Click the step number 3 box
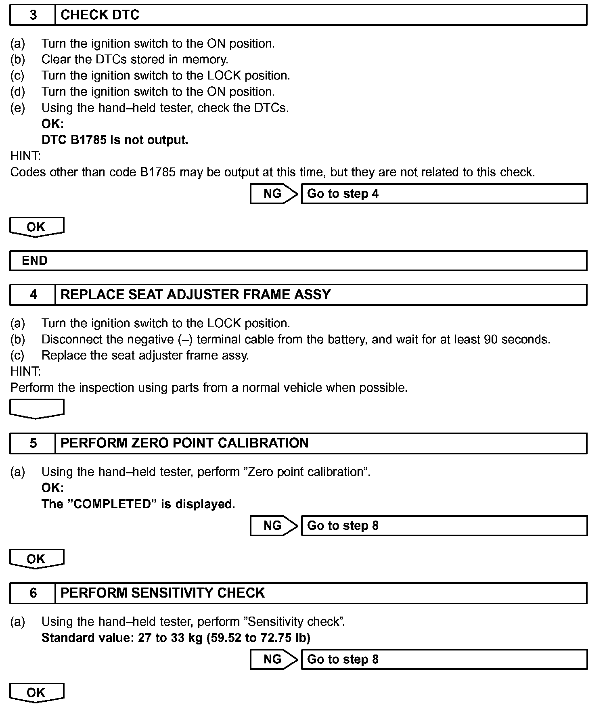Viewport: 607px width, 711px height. coord(33,15)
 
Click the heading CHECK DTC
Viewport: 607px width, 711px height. coord(100,15)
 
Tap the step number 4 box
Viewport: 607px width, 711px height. coord(33,295)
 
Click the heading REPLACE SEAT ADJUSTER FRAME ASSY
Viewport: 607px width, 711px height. coord(195,295)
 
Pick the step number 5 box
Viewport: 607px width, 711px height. coord(33,443)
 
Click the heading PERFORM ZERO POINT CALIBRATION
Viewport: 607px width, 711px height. coord(184,443)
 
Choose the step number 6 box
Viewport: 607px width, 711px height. coord(33,593)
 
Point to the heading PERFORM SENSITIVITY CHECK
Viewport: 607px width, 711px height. coord(162,593)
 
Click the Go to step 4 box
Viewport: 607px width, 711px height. coord(444,194)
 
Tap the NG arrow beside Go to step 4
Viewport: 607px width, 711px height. coord(274,194)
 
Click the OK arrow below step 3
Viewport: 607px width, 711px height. coord(36,227)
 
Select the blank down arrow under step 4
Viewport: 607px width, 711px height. coord(36,408)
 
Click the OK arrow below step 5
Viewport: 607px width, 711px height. coord(36,559)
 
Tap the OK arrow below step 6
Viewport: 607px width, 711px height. coord(36,692)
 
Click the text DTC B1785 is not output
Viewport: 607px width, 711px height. coord(115,140)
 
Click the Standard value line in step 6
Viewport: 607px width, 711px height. coord(176,638)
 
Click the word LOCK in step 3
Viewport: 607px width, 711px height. coord(224,75)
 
